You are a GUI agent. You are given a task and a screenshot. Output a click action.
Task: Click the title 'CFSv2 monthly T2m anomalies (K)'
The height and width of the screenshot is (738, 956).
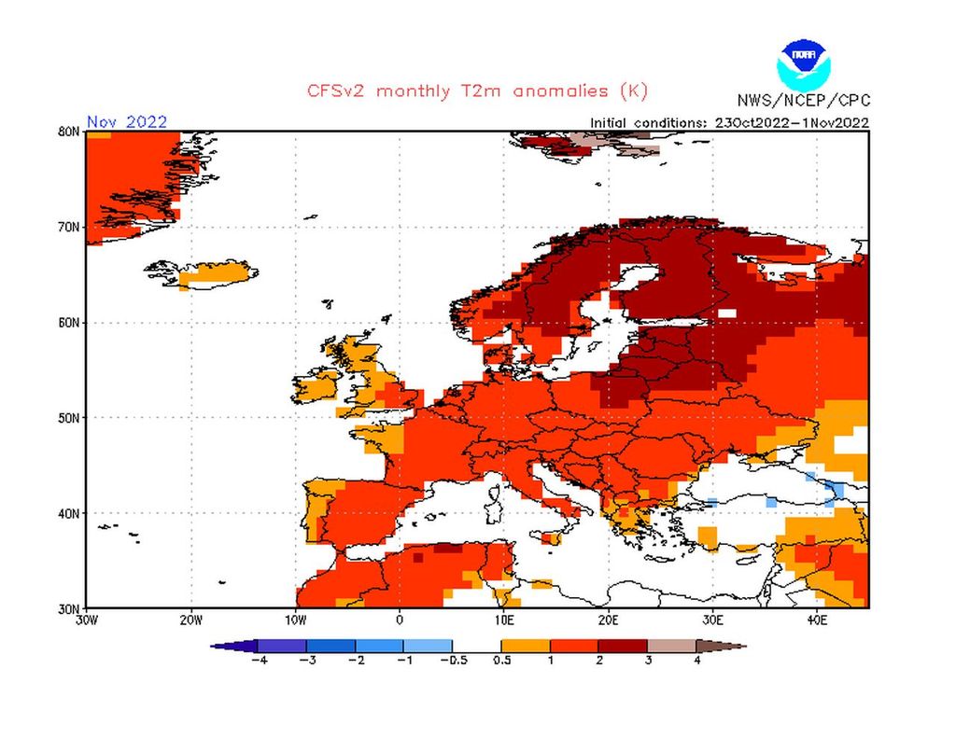(x=477, y=91)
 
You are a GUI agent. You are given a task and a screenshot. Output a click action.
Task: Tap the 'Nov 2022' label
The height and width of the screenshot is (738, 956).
(x=127, y=121)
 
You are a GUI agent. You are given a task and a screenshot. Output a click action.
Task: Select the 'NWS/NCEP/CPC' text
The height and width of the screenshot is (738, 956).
(x=802, y=101)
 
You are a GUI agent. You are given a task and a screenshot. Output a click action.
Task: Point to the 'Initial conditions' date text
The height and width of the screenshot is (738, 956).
(x=729, y=122)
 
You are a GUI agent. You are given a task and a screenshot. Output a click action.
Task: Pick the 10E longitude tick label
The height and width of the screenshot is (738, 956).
(x=503, y=620)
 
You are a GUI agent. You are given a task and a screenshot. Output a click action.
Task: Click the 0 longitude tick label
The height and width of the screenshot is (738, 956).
(x=400, y=620)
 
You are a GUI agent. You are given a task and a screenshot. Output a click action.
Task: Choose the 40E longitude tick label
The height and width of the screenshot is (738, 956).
(x=816, y=620)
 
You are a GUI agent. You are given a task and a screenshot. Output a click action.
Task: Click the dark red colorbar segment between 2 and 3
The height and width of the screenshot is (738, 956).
(x=623, y=646)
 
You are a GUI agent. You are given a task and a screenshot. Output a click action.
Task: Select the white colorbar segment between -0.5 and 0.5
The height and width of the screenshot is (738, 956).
(x=477, y=646)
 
